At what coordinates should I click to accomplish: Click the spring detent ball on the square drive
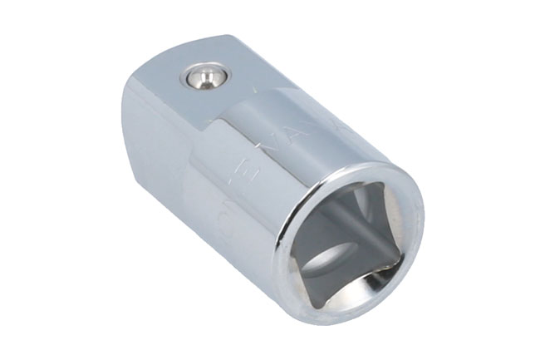(204, 78)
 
